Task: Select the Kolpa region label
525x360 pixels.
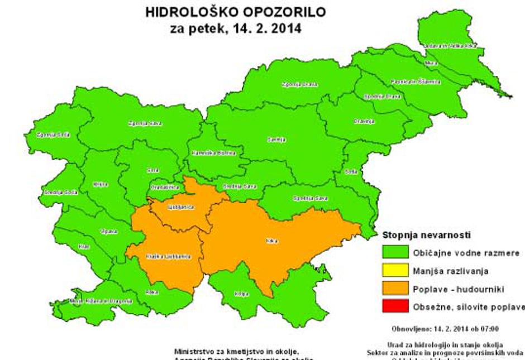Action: coord(241,293)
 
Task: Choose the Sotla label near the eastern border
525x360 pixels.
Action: coord(351,171)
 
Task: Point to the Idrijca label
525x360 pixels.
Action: coord(101,184)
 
